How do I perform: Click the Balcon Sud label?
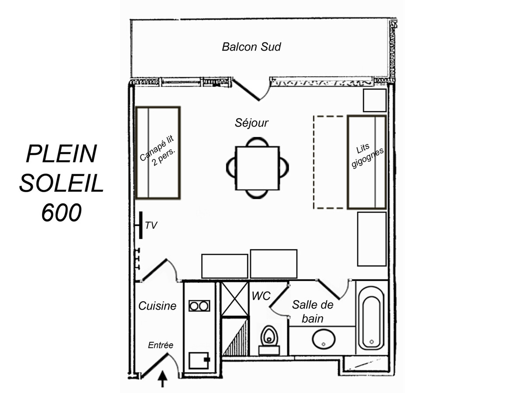pos(251,47)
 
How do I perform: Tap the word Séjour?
pos(252,123)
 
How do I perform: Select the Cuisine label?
pos(157,306)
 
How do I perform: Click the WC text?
pos(261,296)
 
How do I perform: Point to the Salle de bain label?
pos(313,312)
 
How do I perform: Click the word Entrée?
pos(161,345)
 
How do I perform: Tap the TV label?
pos(151,225)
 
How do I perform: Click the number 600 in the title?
pos(62,212)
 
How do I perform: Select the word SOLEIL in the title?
pos(62,183)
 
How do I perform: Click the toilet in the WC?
pos(269,340)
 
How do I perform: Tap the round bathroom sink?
pos(324,339)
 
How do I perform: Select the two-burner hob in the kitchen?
pos(199,306)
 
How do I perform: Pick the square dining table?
pos(257,168)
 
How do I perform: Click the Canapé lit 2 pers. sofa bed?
pos(158,153)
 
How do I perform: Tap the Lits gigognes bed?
pos(367,162)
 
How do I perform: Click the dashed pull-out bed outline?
pos(314,162)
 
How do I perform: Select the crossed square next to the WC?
pos(234,299)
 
